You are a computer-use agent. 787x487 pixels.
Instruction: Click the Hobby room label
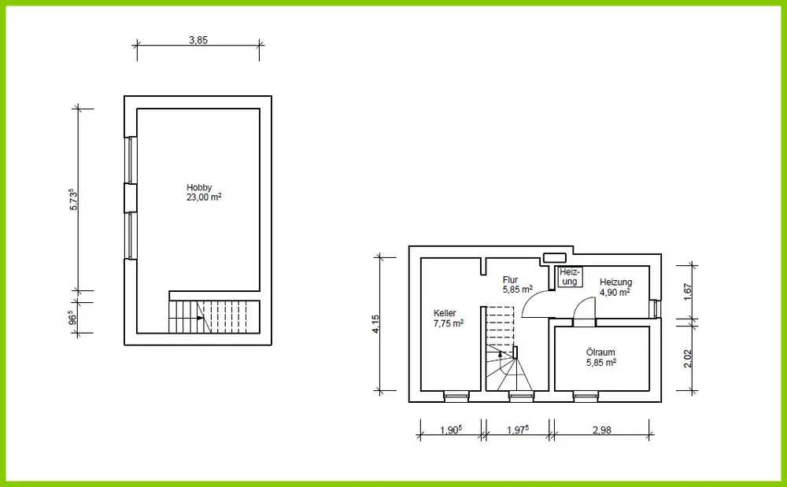pyautogui.click(x=199, y=187)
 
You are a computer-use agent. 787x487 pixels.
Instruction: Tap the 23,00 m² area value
pyautogui.click(x=205, y=197)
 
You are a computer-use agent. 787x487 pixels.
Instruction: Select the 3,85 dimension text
pyautogui.click(x=198, y=40)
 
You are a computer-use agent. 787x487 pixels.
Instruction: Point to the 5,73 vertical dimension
pyautogui.click(x=74, y=199)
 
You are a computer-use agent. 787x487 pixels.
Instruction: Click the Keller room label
pyautogui.click(x=445, y=313)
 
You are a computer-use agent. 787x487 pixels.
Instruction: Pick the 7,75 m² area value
pyautogui.click(x=449, y=323)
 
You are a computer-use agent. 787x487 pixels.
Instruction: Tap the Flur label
pyautogui.click(x=510, y=280)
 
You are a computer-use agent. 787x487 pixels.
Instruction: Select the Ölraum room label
pyautogui.click(x=600, y=352)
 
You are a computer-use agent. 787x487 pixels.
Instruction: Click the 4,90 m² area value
pyautogui.click(x=615, y=292)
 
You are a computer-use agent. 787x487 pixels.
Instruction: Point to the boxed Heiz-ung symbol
pyautogui.click(x=570, y=277)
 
